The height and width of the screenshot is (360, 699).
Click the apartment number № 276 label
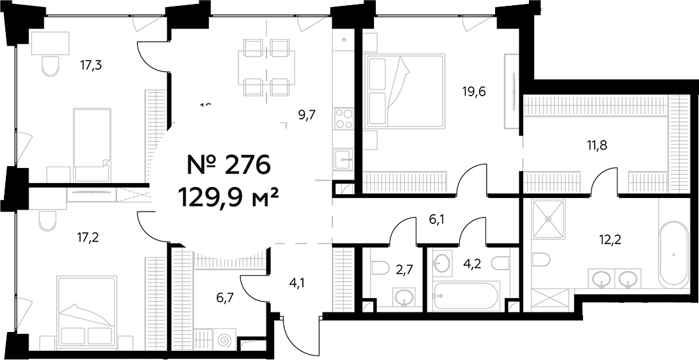coord(228,165)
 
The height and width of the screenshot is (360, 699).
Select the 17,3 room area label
coord(92,64)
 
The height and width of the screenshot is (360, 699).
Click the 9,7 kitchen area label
coord(307,115)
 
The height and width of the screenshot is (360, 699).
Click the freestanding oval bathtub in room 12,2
coord(674,255)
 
